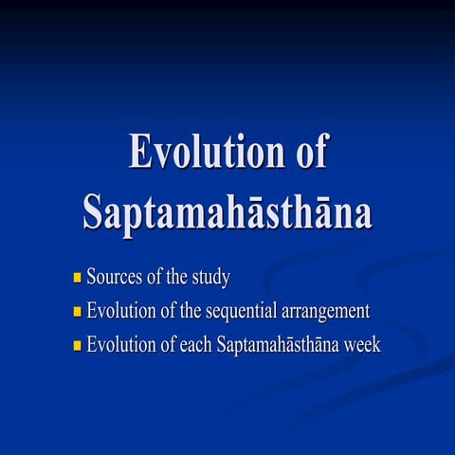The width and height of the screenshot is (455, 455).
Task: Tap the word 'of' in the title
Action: click(x=305, y=153)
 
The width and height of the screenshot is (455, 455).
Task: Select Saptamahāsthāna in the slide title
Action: click(x=227, y=210)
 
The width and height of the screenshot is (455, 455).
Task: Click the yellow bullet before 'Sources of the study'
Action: click(x=78, y=279)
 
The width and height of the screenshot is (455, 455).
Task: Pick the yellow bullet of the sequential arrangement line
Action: click(x=78, y=312)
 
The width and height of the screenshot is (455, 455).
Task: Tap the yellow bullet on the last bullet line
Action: click(x=78, y=345)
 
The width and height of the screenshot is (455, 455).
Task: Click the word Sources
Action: click(x=114, y=279)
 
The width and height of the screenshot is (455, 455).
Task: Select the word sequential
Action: click(x=246, y=312)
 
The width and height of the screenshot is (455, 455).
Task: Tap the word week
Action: click(x=361, y=344)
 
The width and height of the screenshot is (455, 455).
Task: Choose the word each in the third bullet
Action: click(x=196, y=344)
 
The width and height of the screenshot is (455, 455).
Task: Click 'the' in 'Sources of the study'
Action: click(x=176, y=279)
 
